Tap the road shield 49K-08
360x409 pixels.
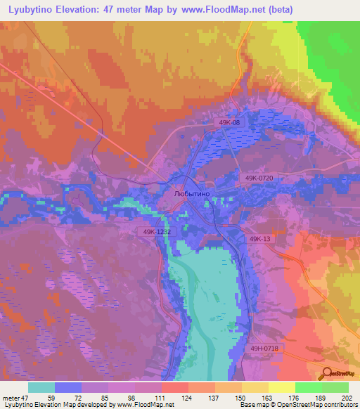[x=230, y=123]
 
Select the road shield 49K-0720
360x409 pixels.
[x=260, y=179]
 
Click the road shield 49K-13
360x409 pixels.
[x=260, y=240]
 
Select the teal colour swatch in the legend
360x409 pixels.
[x=41, y=387]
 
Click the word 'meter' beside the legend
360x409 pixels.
[x=11, y=398]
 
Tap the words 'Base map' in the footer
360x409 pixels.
[x=250, y=405]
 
